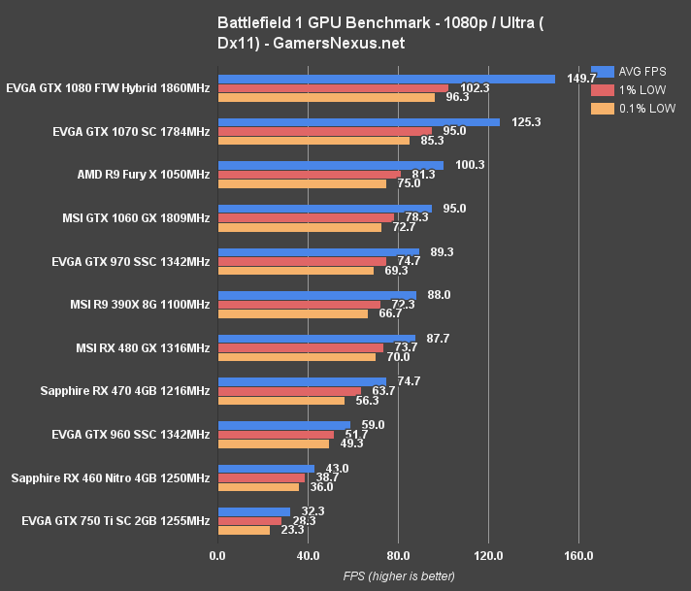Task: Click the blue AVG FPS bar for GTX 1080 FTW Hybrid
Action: pyautogui.click(x=386, y=79)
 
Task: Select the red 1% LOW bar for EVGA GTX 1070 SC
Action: pyautogui.click(x=325, y=131)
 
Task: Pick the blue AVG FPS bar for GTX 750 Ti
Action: pyautogui.click(x=254, y=511)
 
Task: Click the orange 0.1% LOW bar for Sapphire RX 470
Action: pyautogui.click(x=281, y=400)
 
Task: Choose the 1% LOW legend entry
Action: pyautogui.click(x=631, y=89)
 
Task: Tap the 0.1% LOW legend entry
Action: pyautogui.click(x=635, y=109)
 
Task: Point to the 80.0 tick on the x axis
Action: pyautogui.click(x=399, y=556)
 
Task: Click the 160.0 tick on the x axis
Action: pyautogui.click(x=578, y=556)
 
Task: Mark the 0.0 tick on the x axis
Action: pyautogui.click(x=219, y=556)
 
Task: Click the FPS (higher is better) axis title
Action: pyautogui.click(x=399, y=576)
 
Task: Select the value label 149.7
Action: pyautogui.click(x=579, y=79)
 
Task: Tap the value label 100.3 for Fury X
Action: pyautogui.click(x=469, y=165)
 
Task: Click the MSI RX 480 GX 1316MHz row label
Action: pyautogui.click(x=143, y=347)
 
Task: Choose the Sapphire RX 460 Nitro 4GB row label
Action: pyautogui.click(x=111, y=477)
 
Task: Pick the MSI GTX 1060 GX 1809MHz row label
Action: pyautogui.click(x=136, y=217)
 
